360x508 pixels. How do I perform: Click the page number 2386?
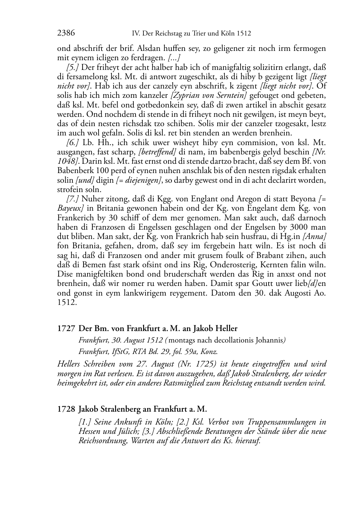pos(66,33)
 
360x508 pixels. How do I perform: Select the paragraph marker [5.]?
pos(73,67)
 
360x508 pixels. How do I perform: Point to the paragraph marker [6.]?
pos(73,142)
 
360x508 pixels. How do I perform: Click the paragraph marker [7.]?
pos(73,199)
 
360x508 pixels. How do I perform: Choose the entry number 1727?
pos(66,329)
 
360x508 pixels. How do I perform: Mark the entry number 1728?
pos(66,409)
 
